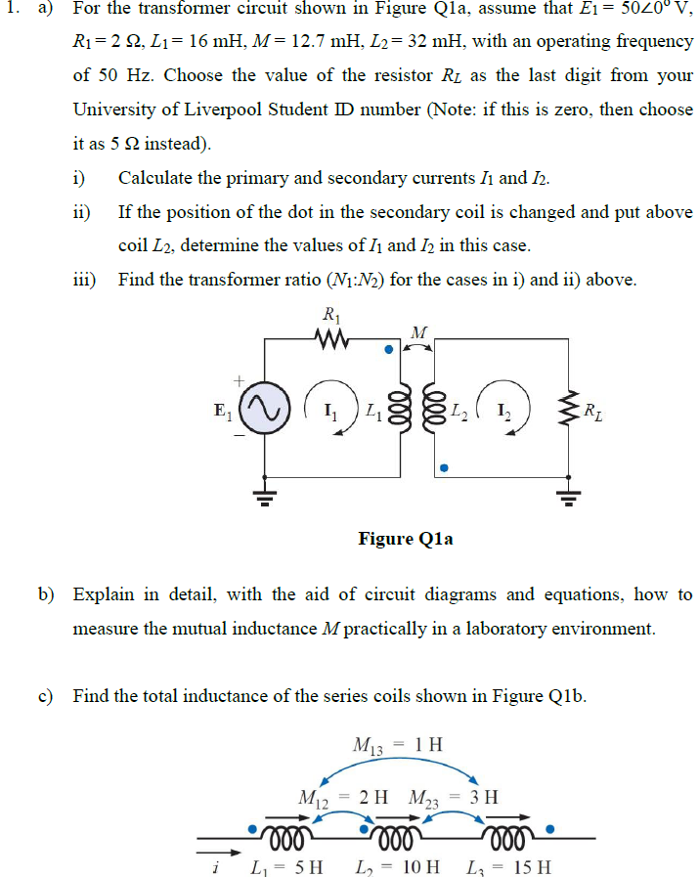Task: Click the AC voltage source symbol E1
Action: click(x=265, y=406)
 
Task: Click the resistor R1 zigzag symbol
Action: click(x=331, y=340)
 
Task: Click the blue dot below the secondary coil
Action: click(x=443, y=468)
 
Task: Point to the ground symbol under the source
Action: click(x=265, y=497)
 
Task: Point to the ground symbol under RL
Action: click(x=566, y=497)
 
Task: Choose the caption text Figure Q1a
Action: click(x=405, y=539)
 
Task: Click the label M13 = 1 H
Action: click(x=397, y=745)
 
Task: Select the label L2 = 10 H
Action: click(x=396, y=866)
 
